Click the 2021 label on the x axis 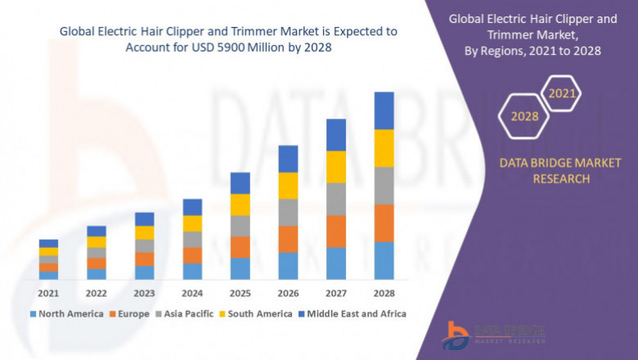point(48,293)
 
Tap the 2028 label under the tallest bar point(384,293)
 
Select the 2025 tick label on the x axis point(240,293)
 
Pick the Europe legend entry point(131,313)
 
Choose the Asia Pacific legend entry point(185,313)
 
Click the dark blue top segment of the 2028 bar point(384,110)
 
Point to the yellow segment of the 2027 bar point(336,167)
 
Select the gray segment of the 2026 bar point(288,212)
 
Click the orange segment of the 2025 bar point(240,247)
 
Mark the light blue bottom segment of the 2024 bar point(192,271)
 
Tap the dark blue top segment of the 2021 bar point(48,243)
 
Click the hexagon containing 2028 point(524,116)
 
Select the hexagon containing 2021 point(562,94)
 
